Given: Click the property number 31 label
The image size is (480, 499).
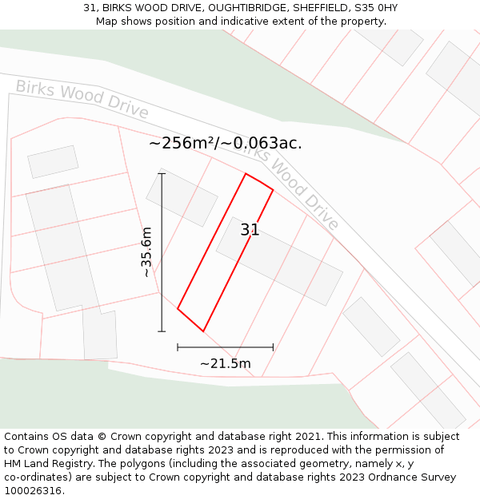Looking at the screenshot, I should (x=250, y=230).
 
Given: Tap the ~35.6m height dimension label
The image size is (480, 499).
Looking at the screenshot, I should (x=146, y=252).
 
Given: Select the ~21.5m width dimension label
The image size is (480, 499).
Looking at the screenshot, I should (x=225, y=364).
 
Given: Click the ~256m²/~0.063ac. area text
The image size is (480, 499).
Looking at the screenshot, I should (x=225, y=143).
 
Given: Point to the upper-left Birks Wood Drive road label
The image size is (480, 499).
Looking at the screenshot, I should (x=82, y=99).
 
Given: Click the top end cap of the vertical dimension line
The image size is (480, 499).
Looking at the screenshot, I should (x=162, y=173).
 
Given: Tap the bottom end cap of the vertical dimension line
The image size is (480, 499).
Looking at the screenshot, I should (x=162, y=331).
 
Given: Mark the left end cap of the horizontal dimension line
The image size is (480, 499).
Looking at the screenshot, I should (x=178, y=347).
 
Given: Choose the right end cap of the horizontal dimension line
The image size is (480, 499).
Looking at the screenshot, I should (x=273, y=347).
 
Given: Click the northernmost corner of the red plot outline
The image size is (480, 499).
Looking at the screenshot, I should (x=246, y=173).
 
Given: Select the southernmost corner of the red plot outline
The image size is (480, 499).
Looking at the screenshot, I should (x=203, y=331).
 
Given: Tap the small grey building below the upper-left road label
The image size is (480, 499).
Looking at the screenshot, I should (x=53, y=161).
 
